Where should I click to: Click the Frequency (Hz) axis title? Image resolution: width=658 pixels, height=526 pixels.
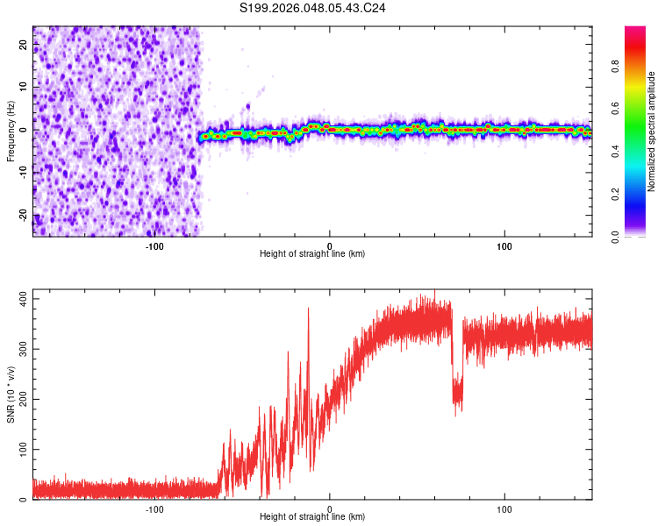click(x=10, y=131)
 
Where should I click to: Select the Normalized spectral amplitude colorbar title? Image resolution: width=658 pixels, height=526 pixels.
click(x=651, y=131)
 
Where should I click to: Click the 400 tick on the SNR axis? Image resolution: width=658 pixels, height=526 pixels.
click(x=19, y=300)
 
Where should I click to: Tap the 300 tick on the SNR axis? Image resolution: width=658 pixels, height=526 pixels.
click(x=19, y=350)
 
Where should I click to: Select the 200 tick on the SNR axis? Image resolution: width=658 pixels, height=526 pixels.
click(x=19, y=400)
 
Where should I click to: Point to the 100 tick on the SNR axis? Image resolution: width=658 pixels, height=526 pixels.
click(x=19, y=450)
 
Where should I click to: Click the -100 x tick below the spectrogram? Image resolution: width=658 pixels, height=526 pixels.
click(x=154, y=245)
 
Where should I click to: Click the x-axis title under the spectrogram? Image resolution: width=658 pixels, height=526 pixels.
click(x=312, y=254)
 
